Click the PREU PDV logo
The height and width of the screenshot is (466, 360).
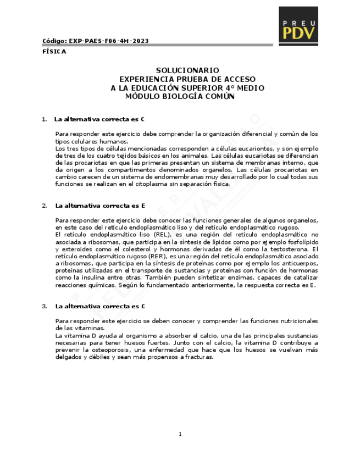click(x=299, y=25)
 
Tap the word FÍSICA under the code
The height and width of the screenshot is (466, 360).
click(x=54, y=52)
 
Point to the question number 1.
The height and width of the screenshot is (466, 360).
click(x=44, y=119)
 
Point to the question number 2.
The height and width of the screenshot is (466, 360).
click(x=44, y=206)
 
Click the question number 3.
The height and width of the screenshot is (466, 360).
click(x=44, y=306)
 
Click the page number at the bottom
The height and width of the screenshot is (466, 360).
click(x=180, y=435)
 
